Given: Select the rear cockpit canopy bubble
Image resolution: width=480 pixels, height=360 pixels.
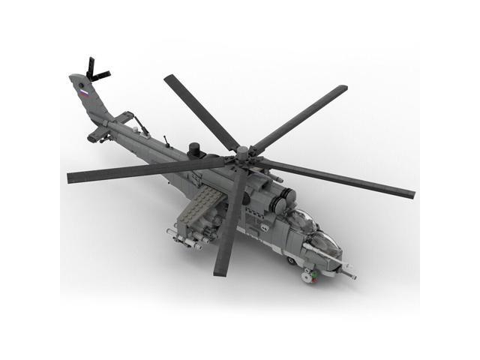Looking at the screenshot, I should (x=300, y=218).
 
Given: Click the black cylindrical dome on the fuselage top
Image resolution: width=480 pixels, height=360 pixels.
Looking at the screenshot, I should (x=196, y=148).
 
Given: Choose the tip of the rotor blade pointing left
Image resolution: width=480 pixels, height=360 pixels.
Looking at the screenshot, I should (x=72, y=178).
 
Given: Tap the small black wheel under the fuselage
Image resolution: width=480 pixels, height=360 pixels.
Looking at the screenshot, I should (x=291, y=261).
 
